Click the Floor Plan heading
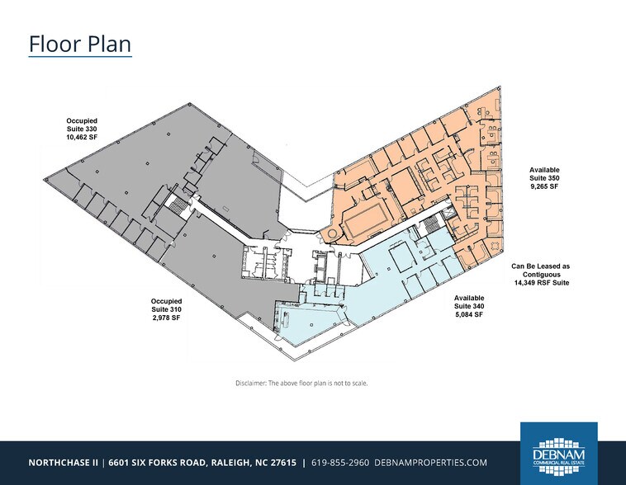tap(80, 44)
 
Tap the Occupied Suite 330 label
tap(82, 125)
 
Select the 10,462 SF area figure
tap(82, 137)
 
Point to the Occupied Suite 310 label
tap(167, 305)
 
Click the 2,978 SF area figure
tap(167, 318)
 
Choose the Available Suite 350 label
tap(544, 174)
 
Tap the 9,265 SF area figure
tap(544, 186)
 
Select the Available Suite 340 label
tap(469, 302)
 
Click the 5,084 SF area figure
tap(469, 314)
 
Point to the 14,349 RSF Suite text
tap(542, 283)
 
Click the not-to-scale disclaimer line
tap(301, 384)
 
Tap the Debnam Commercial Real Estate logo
tap(558, 454)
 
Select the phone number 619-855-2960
tap(340, 463)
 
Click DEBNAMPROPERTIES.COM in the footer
tap(431, 463)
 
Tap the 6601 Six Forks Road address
tap(202, 463)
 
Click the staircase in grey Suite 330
tap(176, 205)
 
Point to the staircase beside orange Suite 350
tap(431, 225)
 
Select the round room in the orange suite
tap(332, 233)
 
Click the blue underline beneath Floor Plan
tap(80, 57)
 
